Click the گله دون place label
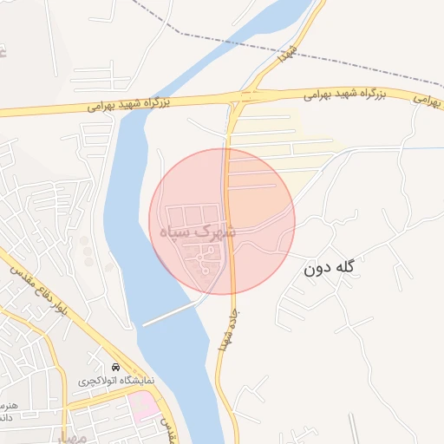[x=330, y=268]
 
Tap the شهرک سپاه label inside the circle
[x=199, y=232]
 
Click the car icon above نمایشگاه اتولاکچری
[x=117, y=366]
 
